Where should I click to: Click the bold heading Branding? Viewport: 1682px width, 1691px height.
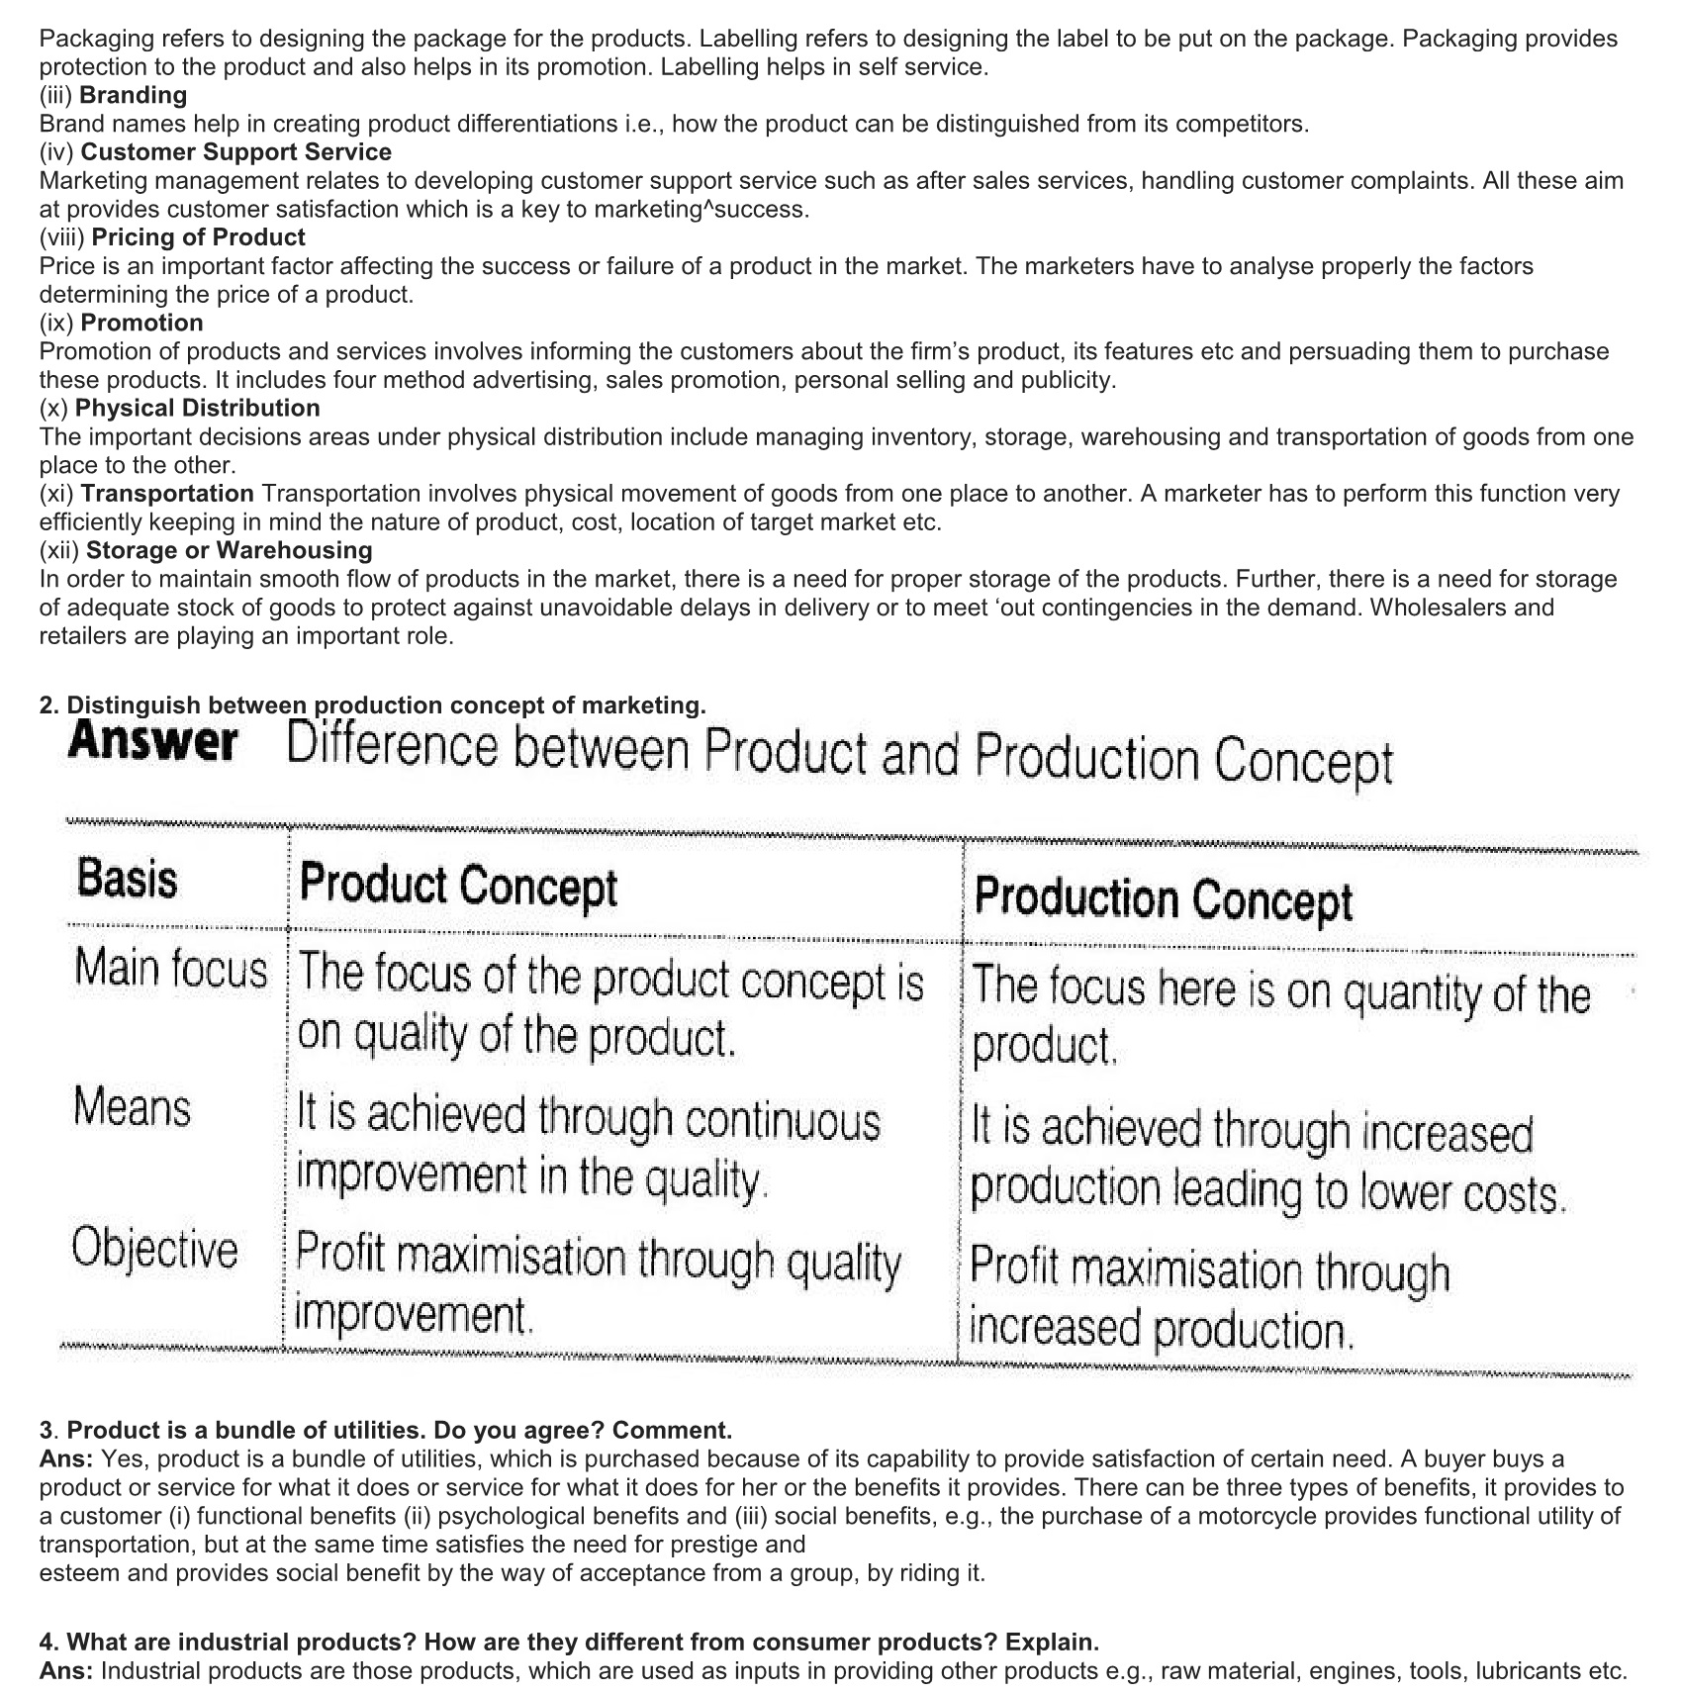133,95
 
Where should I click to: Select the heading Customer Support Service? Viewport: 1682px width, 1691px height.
235,152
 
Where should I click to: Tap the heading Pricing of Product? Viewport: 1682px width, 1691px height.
198,237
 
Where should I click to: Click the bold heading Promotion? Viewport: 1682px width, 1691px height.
141,323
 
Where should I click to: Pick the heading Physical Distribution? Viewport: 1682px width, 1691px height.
197,409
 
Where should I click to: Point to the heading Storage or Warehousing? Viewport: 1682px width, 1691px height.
229,550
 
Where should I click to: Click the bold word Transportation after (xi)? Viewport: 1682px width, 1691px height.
167,494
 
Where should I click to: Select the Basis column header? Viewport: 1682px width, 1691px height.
127,879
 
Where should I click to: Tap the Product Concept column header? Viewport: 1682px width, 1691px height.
458,885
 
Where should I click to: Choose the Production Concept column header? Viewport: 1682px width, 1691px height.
1163,898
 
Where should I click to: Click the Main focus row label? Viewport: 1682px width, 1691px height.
170,969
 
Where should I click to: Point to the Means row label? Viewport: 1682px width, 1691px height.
132,1107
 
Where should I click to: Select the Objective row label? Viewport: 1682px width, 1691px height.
154,1250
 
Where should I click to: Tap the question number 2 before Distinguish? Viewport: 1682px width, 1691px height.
46,705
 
